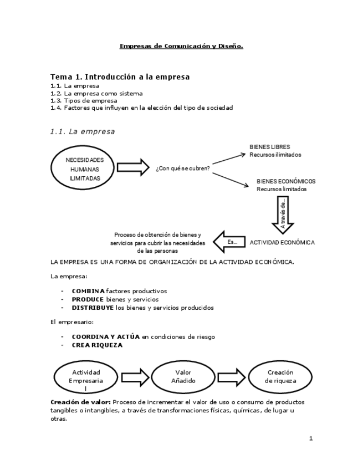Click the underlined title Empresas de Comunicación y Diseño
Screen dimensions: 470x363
tap(181, 46)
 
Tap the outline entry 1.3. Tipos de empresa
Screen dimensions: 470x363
tap(84, 101)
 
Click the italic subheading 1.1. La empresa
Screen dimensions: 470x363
tap(82, 131)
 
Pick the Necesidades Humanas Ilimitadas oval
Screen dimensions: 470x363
tap(85, 168)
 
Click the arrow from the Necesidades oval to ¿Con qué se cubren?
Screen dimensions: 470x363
tap(133, 167)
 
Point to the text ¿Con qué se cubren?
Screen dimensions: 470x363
tap(183, 168)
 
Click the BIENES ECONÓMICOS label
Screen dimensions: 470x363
tap(286, 181)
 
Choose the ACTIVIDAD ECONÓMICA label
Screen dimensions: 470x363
tap(282, 243)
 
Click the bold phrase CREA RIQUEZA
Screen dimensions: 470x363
tap(97, 345)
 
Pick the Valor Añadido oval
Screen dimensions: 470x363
tap(183, 377)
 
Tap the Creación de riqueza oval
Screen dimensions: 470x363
tap(280, 377)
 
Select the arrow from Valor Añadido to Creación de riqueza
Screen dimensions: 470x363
tap(232, 377)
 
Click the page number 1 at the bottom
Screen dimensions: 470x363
tap(311, 438)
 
